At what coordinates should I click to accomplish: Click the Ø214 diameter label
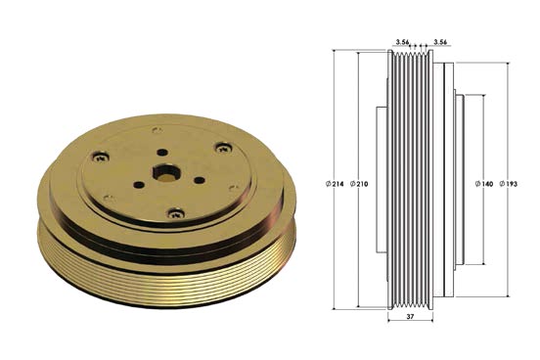(x=335, y=184)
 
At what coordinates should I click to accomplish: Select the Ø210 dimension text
(x=359, y=184)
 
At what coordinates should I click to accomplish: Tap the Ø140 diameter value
(x=484, y=184)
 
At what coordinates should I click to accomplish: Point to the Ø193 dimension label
(x=509, y=184)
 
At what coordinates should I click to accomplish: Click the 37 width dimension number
(x=410, y=316)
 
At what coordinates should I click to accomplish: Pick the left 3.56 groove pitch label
(x=402, y=42)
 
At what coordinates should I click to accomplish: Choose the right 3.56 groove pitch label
(x=440, y=42)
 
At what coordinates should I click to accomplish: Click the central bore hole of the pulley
(x=164, y=172)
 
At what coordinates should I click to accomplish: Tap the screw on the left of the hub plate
(x=101, y=157)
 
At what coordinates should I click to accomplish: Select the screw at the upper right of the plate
(x=223, y=148)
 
